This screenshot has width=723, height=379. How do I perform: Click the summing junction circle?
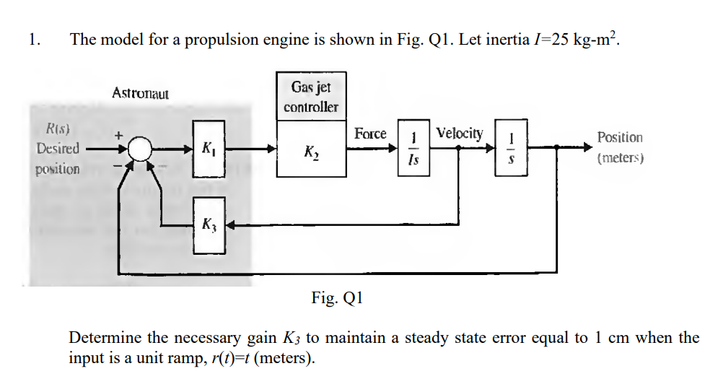(x=141, y=149)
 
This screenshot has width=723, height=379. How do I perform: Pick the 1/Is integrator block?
(x=413, y=149)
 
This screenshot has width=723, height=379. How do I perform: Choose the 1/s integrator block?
(x=510, y=149)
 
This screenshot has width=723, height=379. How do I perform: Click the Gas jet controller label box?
(x=310, y=97)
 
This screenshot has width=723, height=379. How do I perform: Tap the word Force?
(x=370, y=134)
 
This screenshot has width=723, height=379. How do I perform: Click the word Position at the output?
(x=620, y=137)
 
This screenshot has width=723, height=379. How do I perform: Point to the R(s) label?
(x=58, y=130)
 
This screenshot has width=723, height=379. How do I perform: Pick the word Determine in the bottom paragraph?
(x=105, y=338)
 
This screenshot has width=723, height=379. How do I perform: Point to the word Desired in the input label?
(x=58, y=149)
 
